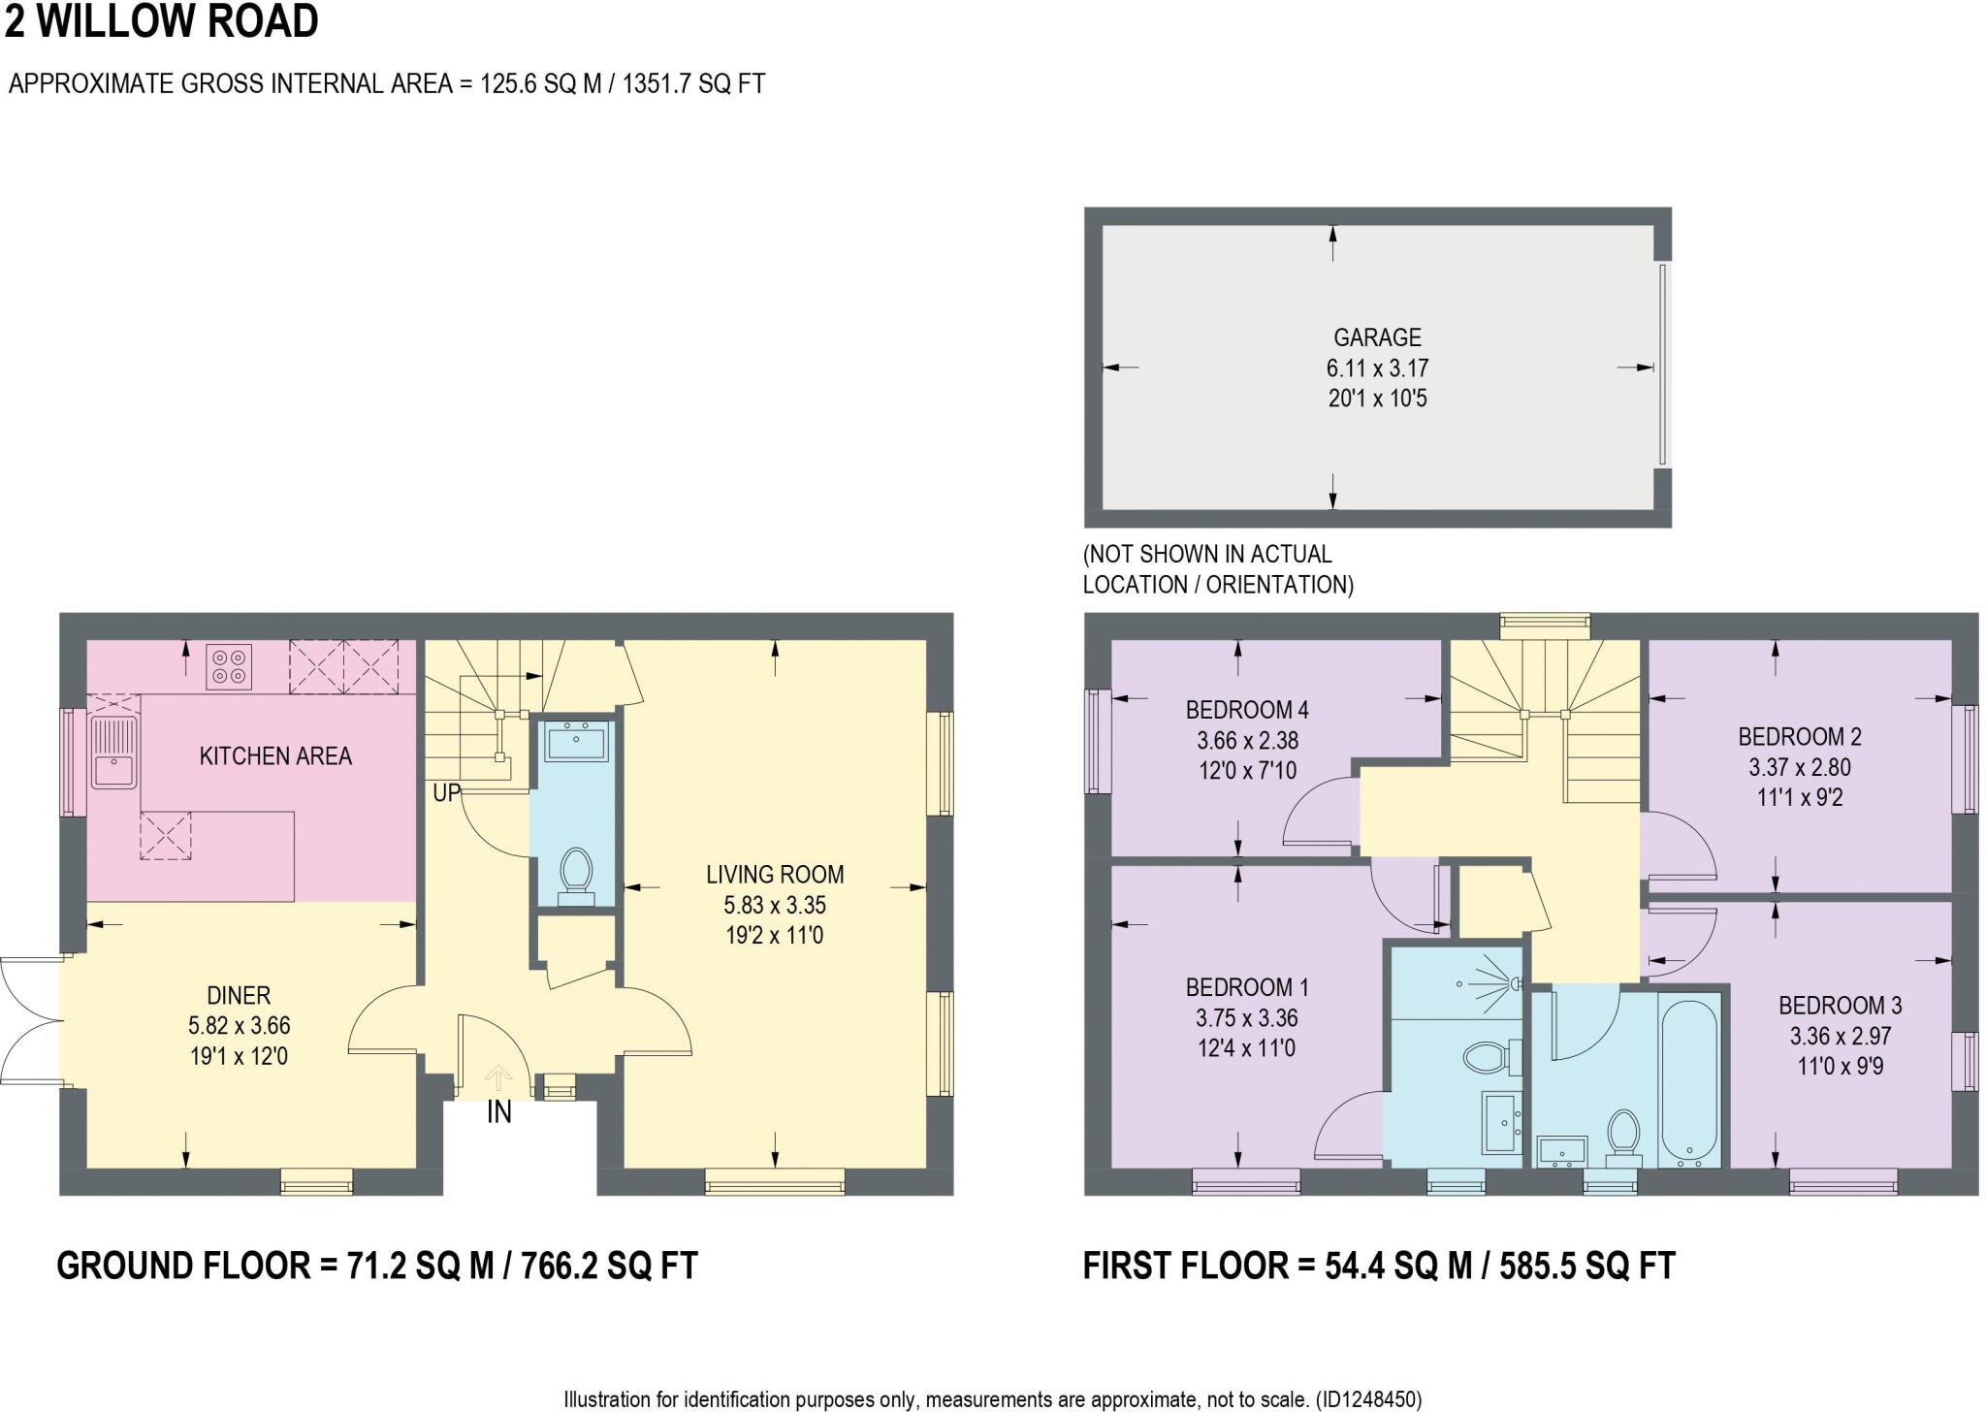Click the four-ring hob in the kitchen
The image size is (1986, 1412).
pos(229,667)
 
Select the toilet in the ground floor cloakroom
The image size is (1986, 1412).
pos(577,872)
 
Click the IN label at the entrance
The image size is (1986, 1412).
pos(498,1112)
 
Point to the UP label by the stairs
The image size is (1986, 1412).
pos(446,793)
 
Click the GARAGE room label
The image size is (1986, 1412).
pos(1377,337)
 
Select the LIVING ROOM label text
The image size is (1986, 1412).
pos(775,875)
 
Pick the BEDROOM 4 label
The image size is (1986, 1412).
pos(1247,710)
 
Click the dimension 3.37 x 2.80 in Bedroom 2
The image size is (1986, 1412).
pos(1800,767)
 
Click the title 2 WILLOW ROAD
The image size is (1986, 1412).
pos(162,21)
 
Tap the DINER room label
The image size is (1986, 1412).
pos(239,995)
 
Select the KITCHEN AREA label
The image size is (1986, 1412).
pos(275,756)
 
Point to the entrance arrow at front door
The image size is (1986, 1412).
pos(498,1077)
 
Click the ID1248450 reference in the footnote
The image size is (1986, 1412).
pos(1366,1399)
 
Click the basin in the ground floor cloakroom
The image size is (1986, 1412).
pos(576,742)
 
